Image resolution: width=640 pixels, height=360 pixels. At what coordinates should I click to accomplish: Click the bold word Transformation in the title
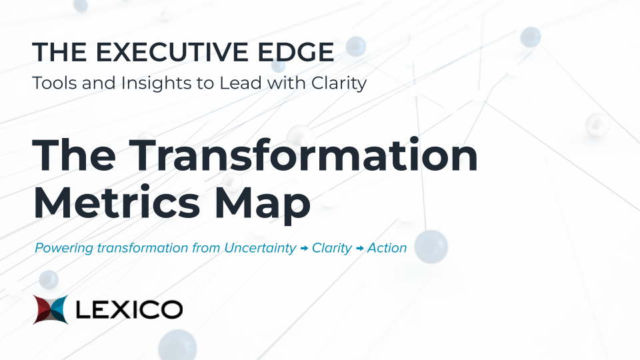303,155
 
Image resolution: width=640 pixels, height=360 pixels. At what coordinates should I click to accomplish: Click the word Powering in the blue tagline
64,249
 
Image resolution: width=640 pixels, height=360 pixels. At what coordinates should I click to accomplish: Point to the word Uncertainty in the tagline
261,249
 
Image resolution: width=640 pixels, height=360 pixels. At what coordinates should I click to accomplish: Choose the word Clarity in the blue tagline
332,249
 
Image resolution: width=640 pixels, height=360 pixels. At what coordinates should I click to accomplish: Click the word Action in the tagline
387,248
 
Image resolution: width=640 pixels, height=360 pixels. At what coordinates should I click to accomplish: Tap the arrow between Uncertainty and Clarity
304,248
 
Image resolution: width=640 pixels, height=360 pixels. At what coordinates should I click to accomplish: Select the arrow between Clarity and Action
359,248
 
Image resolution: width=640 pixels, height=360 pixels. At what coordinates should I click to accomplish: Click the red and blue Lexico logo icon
51,309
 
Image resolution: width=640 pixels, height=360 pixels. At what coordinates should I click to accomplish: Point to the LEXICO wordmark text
129,309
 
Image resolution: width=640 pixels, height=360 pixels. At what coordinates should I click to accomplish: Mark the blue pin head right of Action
431,246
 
